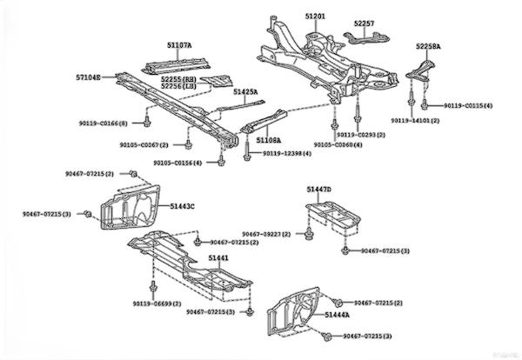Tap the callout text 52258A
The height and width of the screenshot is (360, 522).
click(427, 45)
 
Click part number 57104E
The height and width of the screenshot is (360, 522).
click(88, 77)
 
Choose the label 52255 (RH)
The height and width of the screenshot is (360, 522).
click(179, 78)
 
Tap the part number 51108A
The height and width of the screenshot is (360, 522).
click(268, 138)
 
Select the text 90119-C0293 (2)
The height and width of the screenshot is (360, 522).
click(361, 135)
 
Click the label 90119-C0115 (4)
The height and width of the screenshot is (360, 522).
click(467, 105)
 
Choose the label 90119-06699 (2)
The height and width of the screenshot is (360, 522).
click(157, 303)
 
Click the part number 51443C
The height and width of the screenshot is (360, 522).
click(182, 205)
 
